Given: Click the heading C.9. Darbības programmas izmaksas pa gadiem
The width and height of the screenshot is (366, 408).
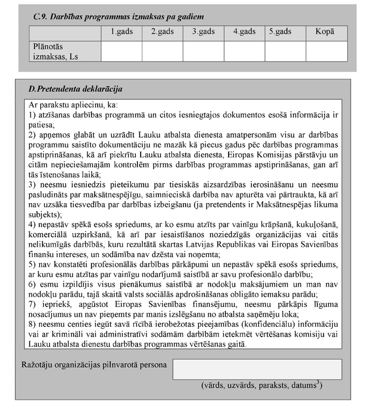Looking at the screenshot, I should pyautogui.click(x=119, y=18).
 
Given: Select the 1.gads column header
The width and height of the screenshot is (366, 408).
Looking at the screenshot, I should pyautogui.click(x=121, y=32).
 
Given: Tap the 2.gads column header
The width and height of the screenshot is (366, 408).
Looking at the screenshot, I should pyautogui.click(x=162, y=32).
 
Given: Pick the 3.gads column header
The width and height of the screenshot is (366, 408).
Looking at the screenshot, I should pyautogui.click(x=203, y=32).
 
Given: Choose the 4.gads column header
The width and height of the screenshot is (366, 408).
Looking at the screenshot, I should pyautogui.click(x=244, y=32).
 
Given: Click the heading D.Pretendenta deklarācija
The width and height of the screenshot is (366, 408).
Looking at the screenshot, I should pyautogui.click(x=75, y=90).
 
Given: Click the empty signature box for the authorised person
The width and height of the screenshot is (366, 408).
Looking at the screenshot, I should pyautogui.click(x=257, y=369).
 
